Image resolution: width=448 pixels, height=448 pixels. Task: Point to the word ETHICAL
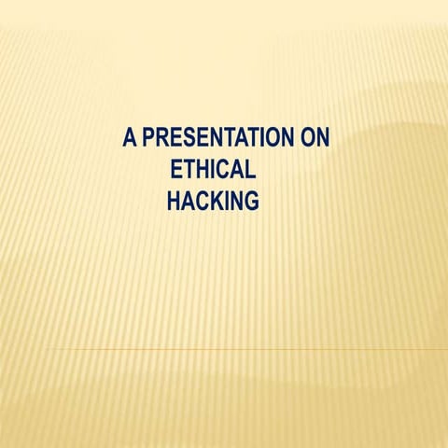[210, 170]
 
